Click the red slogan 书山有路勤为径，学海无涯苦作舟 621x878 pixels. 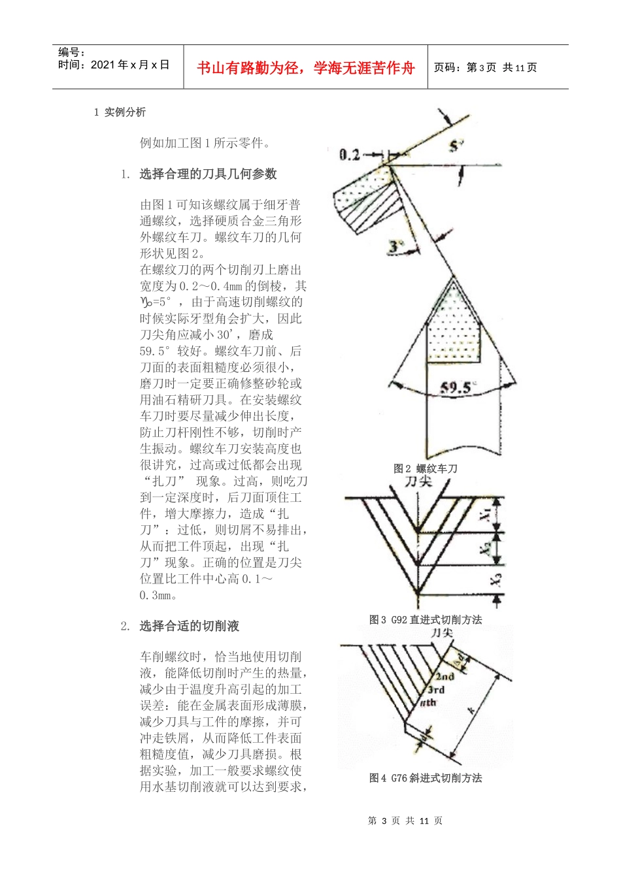click(305, 68)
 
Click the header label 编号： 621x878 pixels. click(72, 53)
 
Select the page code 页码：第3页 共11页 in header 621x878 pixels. click(485, 68)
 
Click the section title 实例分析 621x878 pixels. click(125, 112)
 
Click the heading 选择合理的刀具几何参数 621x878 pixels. click(208, 174)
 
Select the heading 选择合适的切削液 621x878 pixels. click(189, 626)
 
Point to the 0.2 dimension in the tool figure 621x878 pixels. click(350, 154)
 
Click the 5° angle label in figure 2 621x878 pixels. click(456, 147)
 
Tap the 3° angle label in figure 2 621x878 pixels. click(397, 247)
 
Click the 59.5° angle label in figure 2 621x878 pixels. click(456, 387)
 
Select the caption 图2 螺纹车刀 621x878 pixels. click(425, 468)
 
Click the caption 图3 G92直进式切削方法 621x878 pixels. click(425, 619)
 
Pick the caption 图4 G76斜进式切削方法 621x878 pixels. click(425, 778)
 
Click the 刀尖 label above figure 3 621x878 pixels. click(418, 481)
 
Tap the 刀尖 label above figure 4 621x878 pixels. click(442, 632)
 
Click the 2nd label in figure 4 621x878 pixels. click(445, 677)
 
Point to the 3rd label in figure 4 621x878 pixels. click(436, 690)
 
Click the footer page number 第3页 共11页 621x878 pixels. click(405, 821)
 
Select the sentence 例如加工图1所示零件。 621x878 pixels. click(205, 143)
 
